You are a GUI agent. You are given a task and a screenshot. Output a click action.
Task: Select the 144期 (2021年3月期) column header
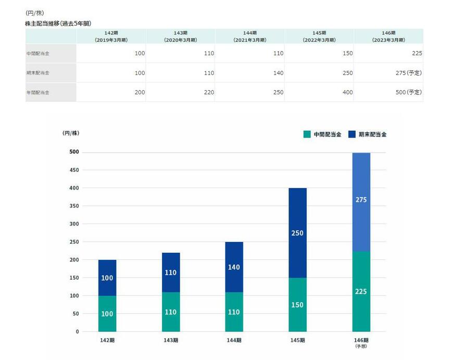[249, 36]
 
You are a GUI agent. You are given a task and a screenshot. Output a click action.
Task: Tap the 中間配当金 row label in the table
[38, 54]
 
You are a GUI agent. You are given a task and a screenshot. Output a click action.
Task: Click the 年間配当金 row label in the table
[38, 92]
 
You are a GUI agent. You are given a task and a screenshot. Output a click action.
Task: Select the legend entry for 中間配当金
[322, 134]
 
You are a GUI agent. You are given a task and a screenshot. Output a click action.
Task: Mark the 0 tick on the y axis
[77, 331]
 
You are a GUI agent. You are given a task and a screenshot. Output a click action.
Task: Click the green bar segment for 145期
[297, 305]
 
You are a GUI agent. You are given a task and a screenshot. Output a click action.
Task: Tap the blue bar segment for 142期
[107, 278]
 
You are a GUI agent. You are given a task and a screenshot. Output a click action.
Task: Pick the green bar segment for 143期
[171, 312]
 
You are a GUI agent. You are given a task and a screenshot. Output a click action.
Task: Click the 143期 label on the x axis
[171, 340]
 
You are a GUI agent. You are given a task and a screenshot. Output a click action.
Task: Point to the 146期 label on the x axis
[361, 341]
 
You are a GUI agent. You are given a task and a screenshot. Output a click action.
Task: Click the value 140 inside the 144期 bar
[234, 267]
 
